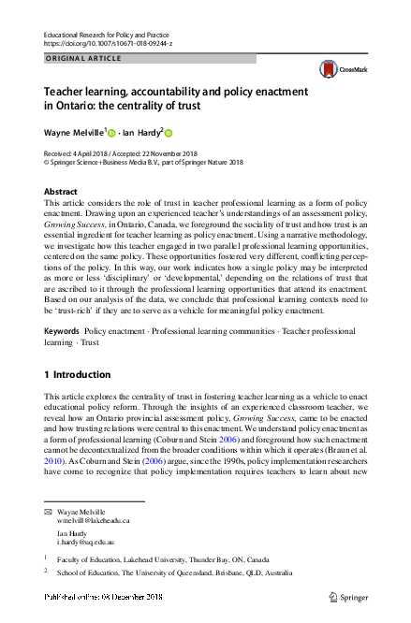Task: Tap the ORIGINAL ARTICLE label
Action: (81, 59)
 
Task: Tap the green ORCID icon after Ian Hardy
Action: (170, 133)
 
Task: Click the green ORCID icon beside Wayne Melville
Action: (111, 133)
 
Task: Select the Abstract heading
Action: (61, 191)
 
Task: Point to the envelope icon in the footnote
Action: (48, 511)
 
